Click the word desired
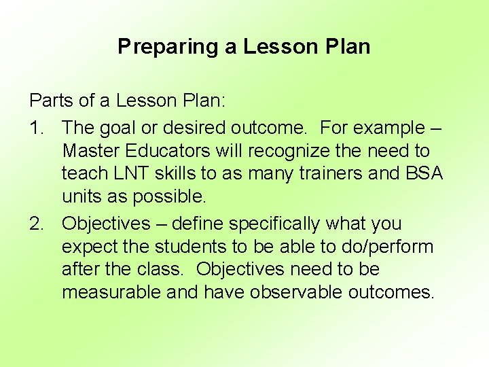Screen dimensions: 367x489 coord(206,127)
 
